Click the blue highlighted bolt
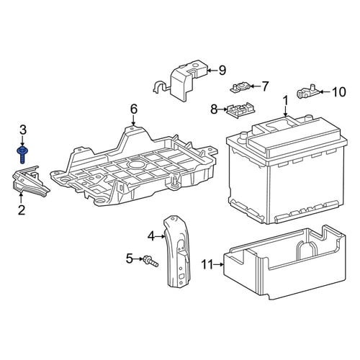coord(22,154)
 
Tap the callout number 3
coord(22,130)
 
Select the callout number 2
coord(22,210)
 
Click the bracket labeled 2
coord(30,181)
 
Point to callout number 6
coord(134,109)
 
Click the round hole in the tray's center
coord(136,165)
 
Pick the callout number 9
coord(222,71)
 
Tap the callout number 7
coord(264,86)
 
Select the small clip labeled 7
coord(240,87)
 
